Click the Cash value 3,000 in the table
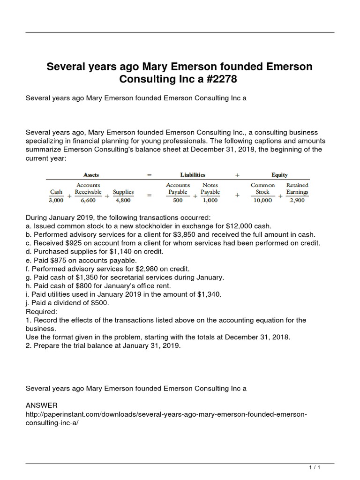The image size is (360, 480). tap(56, 201)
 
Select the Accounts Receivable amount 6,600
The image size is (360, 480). tap(89, 201)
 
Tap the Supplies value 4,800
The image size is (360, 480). tap(123, 201)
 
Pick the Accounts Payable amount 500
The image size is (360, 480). tap(178, 201)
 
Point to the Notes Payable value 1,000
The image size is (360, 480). tap(210, 201)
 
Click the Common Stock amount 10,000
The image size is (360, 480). tap(262, 201)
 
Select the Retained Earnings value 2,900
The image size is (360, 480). tap(297, 201)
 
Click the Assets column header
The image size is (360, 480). tap(91, 175)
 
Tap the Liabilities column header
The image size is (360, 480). tap(193, 175)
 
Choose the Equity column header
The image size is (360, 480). tap(279, 175)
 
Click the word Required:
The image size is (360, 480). tap(41, 311)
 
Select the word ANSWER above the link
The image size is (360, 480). tap(41, 405)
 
